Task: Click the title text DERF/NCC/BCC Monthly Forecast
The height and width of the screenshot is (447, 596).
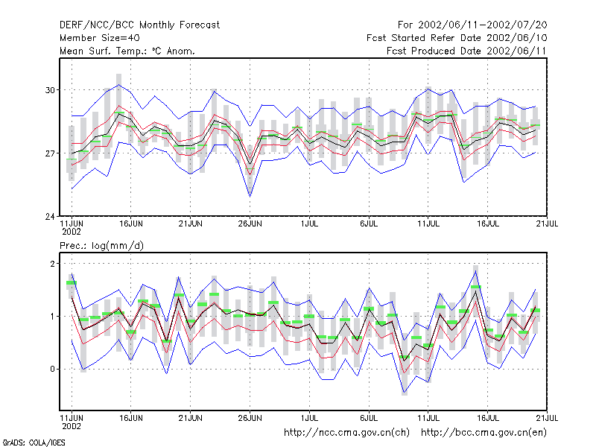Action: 139,25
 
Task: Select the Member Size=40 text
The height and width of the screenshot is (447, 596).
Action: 100,38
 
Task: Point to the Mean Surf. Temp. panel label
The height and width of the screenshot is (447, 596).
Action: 127,51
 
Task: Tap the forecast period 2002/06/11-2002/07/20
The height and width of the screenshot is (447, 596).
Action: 482,25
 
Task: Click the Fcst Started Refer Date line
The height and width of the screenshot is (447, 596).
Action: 457,38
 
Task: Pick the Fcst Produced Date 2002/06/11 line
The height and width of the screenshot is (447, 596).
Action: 466,51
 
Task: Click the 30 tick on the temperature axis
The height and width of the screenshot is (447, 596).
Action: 50,90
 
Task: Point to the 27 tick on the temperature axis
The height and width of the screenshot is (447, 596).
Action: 50,153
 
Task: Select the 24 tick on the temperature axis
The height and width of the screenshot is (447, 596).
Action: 50,217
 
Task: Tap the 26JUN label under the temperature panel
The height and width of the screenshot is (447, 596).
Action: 250,224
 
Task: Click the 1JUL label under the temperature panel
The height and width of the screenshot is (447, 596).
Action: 309,224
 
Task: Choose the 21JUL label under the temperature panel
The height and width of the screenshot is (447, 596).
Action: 547,224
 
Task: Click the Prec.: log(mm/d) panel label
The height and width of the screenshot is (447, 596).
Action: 101,246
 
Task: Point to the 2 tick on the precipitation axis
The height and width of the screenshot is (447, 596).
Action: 52,264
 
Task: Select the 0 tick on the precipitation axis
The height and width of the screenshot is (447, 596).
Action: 52,369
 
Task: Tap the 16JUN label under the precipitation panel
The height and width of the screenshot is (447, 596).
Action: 131,418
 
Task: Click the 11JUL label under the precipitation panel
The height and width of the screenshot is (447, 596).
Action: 428,418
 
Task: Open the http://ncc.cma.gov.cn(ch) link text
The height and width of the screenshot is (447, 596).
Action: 346,433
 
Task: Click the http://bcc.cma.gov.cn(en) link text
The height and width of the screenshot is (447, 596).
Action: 484,433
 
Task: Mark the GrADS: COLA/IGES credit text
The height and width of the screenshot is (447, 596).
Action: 34,443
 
